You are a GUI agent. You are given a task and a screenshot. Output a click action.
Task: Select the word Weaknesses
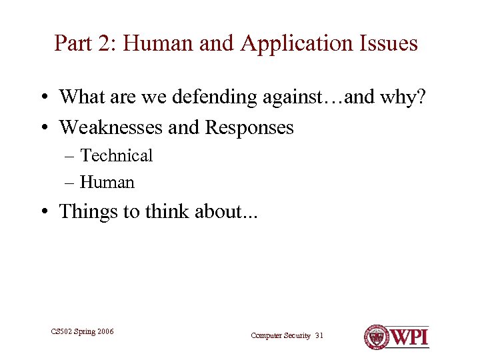111,127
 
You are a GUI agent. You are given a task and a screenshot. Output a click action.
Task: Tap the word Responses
249,127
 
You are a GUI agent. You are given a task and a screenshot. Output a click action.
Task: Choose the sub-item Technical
117,155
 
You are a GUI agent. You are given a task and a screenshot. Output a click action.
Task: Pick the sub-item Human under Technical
107,182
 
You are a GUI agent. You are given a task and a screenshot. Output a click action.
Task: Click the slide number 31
319,335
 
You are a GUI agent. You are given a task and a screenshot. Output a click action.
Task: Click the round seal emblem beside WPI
377,337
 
